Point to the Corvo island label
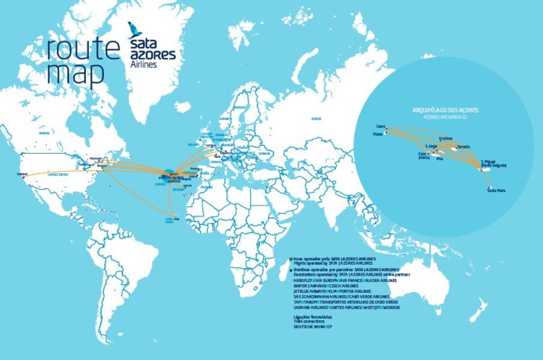coord(381,125)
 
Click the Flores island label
coord(378,134)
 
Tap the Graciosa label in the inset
coord(446,138)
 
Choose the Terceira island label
coord(464,146)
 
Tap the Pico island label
coord(439,159)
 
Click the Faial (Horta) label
coord(414,155)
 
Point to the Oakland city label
coord(23,173)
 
